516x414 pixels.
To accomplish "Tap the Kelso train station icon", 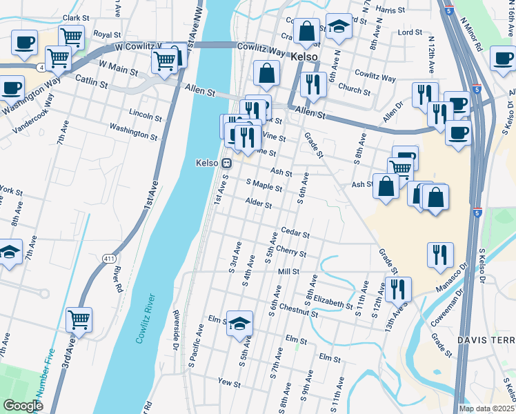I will (226, 163).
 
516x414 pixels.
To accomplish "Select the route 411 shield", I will (109, 259).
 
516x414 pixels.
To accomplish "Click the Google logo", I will (23, 406).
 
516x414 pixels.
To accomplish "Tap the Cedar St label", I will (295, 233).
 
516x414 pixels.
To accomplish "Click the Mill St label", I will (288, 272).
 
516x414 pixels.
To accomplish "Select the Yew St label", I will (228, 382).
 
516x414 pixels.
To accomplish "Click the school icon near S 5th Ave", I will (239, 323).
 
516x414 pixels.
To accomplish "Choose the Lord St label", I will (410, 32).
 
